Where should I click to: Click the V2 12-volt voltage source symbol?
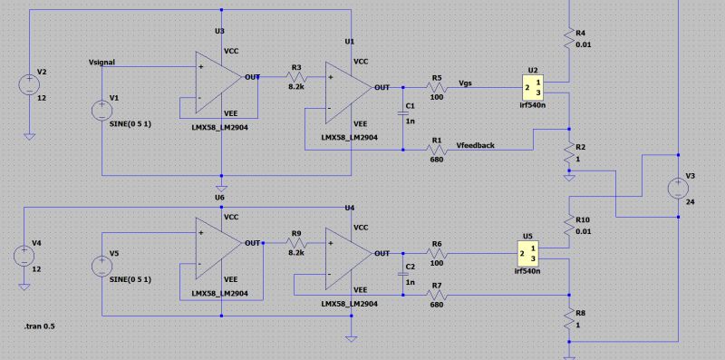click(x=29, y=85)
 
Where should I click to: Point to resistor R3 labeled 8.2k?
click(x=296, y=78)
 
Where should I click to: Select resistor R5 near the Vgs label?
click(x=437, y=87)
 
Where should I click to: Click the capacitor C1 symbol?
click(x=404, y=113)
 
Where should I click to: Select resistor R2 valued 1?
click(x=568, y=151)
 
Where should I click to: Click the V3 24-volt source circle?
click(x=678, y=189)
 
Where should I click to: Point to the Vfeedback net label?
click(x=476, y=144)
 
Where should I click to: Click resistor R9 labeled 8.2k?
click(x=296, y=243)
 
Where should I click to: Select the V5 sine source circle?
click(x=102, y=267)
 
